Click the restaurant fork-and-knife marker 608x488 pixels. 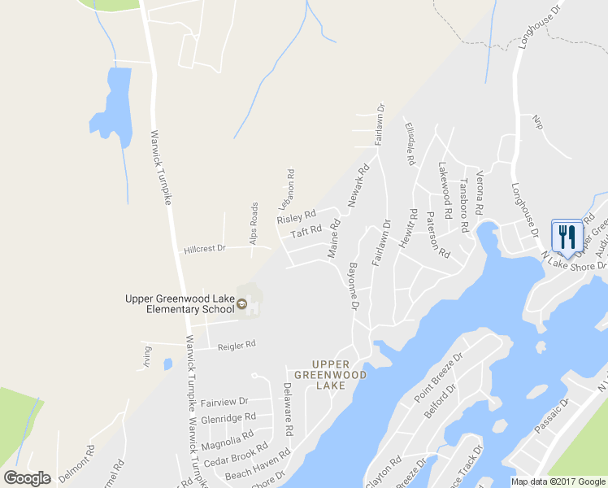click(567, 236)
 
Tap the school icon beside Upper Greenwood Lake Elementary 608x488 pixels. click(241, 305)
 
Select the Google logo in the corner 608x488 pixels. click(27, 478)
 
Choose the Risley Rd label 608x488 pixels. click(296, 217)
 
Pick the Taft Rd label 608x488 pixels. click(306, 233)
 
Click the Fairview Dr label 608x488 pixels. click(224, 402)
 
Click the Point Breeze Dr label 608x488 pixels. click(437, 376)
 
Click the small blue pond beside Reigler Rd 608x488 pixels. click(167, 364)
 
